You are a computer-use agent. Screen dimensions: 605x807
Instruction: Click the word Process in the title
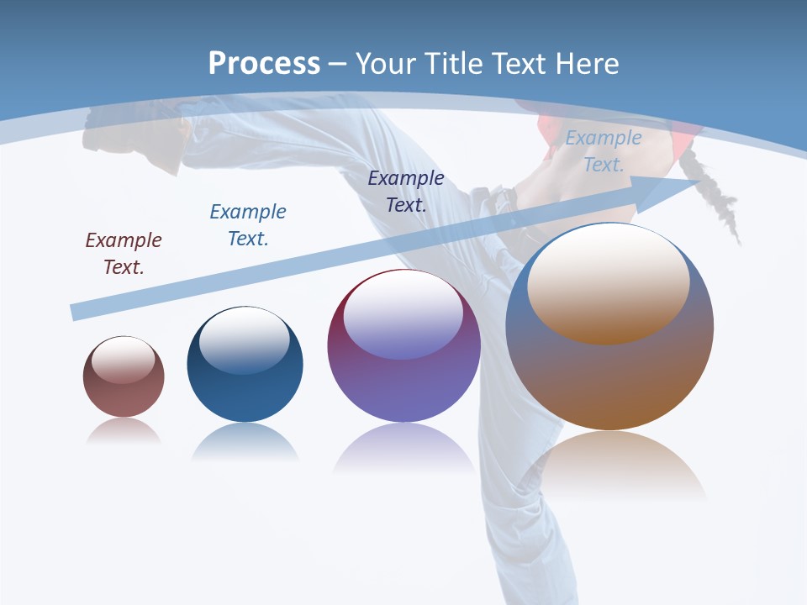tap(264, 63)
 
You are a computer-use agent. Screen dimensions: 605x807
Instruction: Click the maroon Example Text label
tap(124, 253)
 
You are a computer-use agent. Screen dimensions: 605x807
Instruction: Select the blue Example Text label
tap(248, 224)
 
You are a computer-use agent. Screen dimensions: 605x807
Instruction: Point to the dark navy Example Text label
tap(406, 191)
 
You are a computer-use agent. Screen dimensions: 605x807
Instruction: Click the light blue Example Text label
tap(604, 151)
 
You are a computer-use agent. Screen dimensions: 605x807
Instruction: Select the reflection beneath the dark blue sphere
tap(245, 441)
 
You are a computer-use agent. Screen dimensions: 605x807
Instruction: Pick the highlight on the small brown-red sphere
tap(124, 360)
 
